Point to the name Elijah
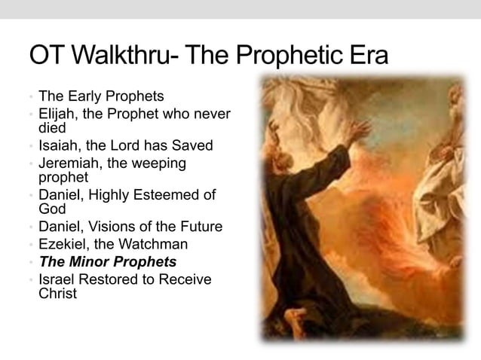(x=58, y=115)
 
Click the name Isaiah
(x=58, y=145)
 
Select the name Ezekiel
(x=62, y=244)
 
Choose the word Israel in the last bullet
(x=56, y=280)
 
